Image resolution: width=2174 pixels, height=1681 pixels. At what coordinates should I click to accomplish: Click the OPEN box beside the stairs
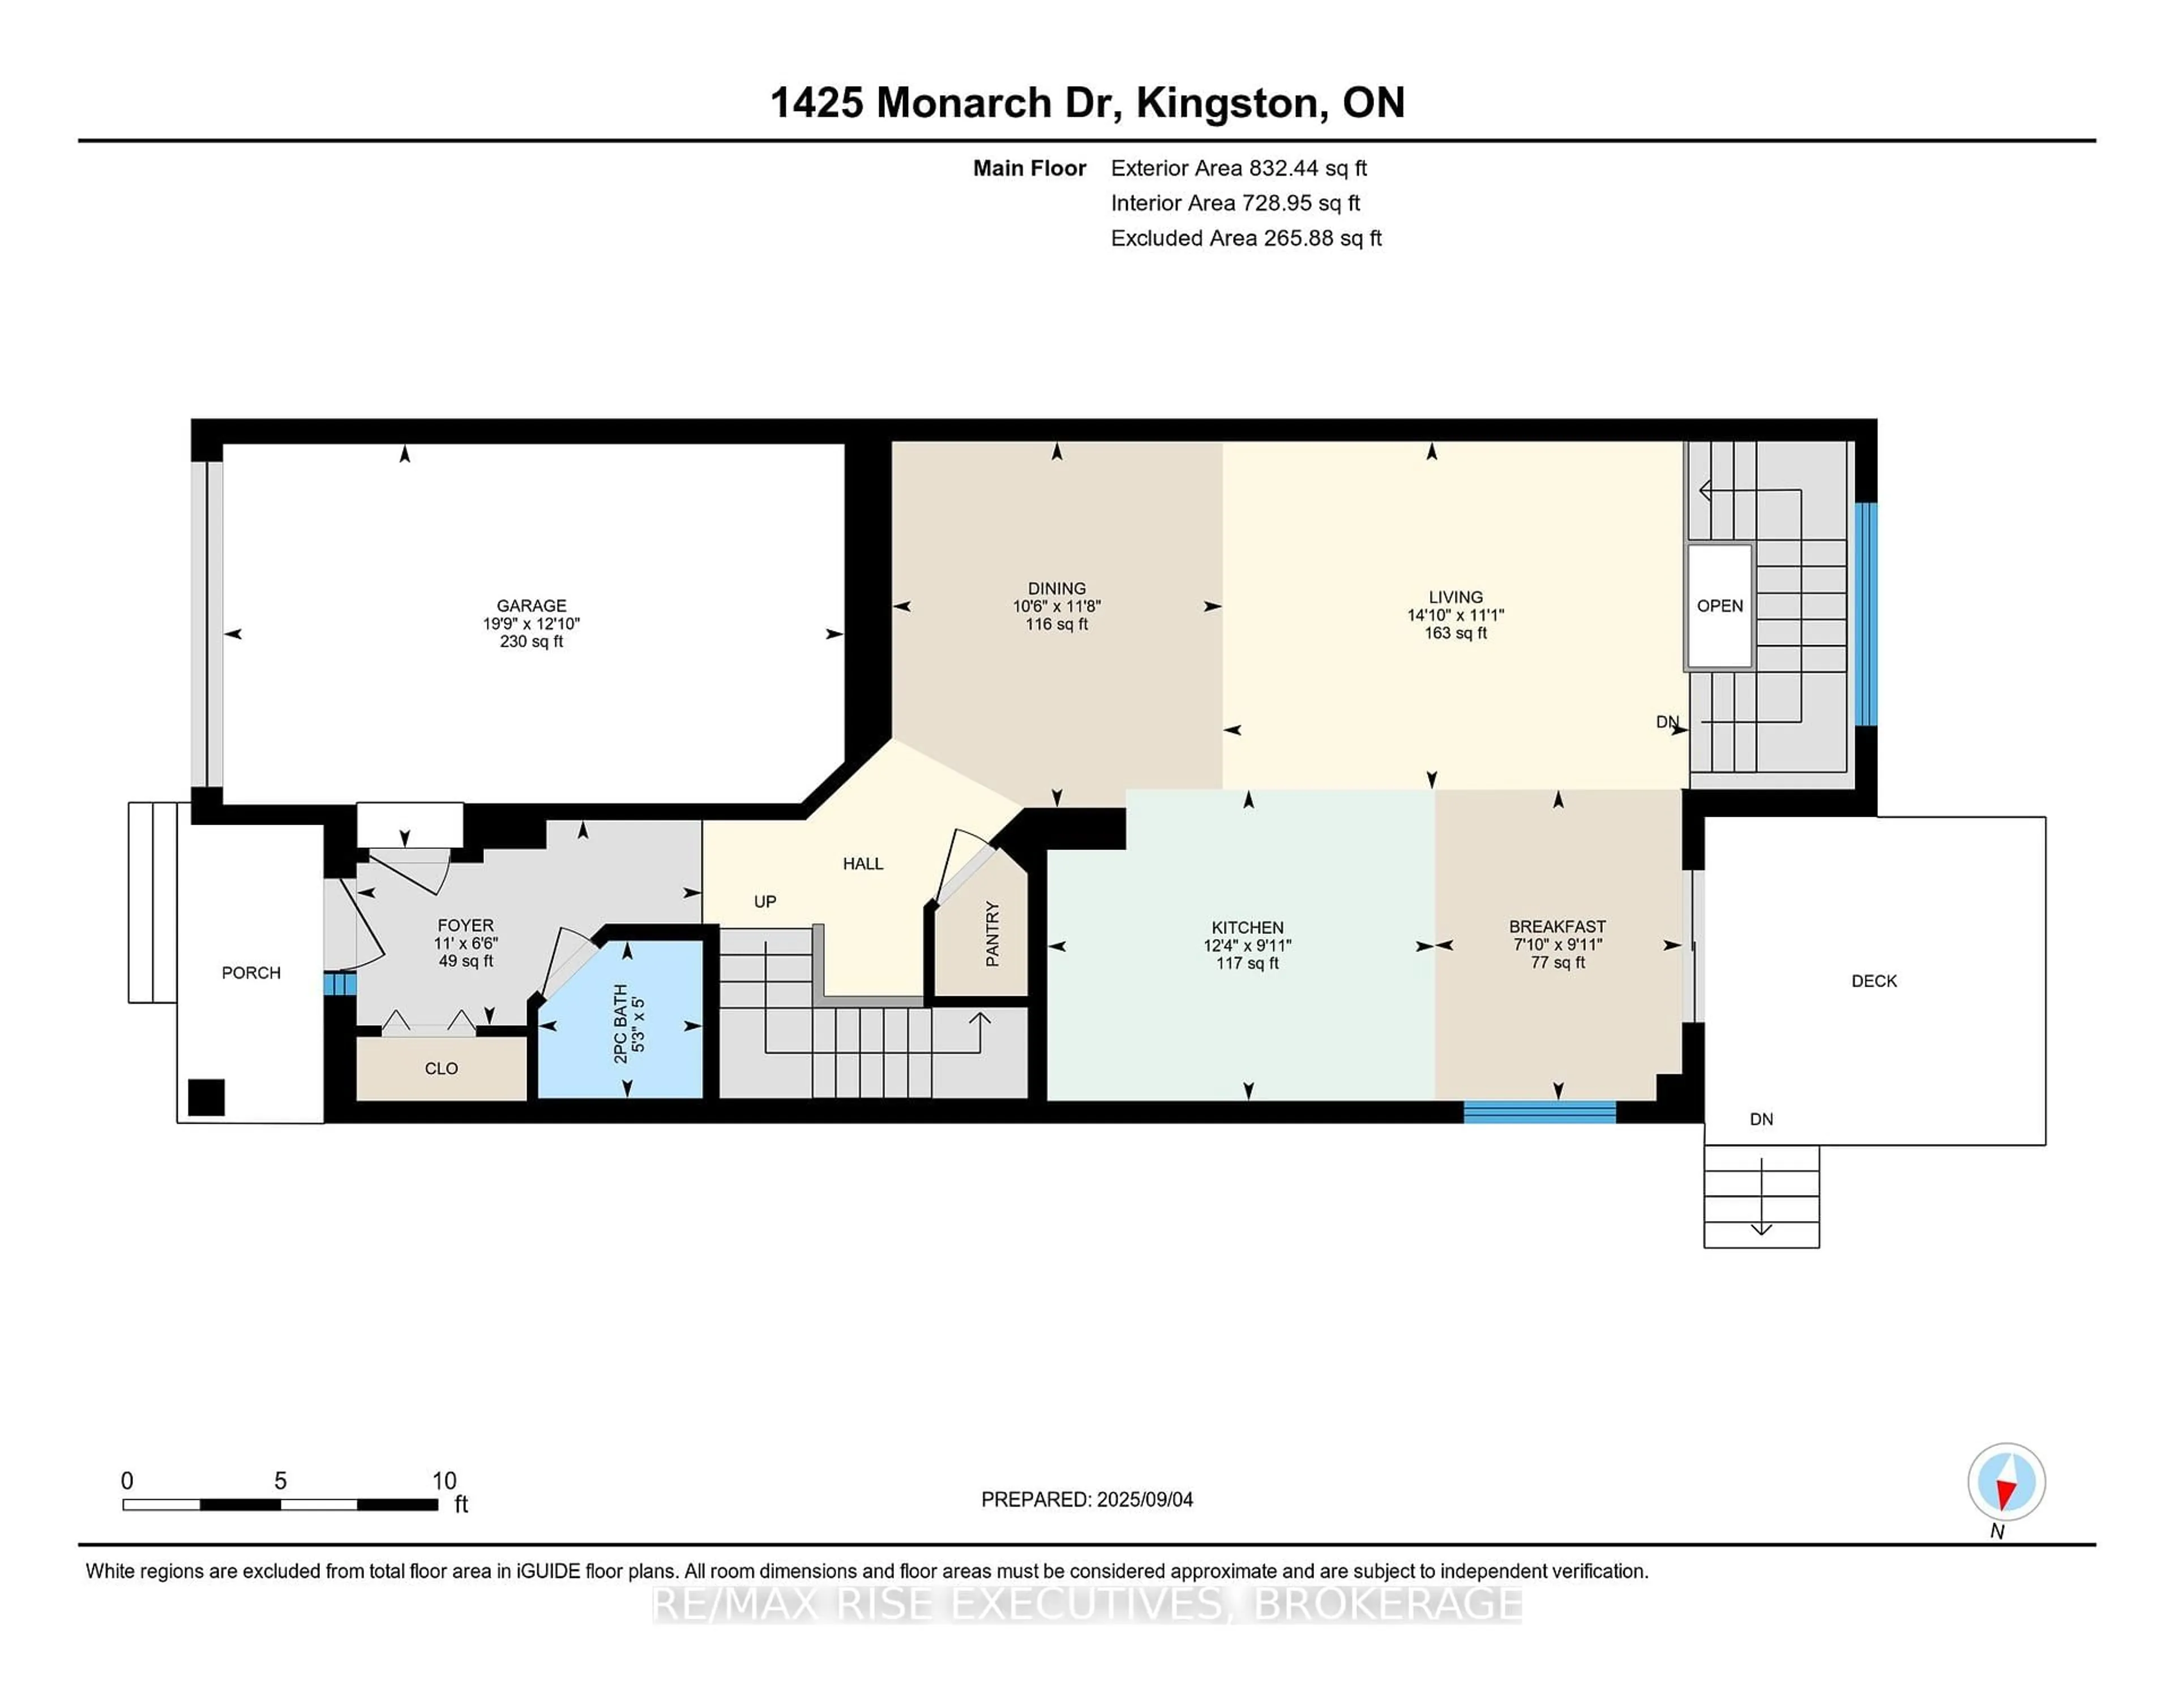pyautogui.click(x=1719, y=605)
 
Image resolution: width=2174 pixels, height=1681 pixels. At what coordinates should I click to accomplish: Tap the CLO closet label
pyautogui.click(x=441, y=1069)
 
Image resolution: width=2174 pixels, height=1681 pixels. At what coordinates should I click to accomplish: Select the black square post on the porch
pyautogui.click(x=206, y=1098)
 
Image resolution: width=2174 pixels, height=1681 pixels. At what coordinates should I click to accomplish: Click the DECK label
pyautogui.click(x=1873, y=981)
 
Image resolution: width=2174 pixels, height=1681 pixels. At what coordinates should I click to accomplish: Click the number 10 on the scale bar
pyautogui.click(x=444, y=1481)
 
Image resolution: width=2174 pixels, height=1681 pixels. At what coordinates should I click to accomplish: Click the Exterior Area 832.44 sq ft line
pyautogui.click(x=1238, y=168)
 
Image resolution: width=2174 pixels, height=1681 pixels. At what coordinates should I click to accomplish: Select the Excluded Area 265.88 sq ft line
pyautogui.click(x=1246, y=238)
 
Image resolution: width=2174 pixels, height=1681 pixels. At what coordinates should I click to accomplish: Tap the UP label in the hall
pyautogui.click(x=764, y=901)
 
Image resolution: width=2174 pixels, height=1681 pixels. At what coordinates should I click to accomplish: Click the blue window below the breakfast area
pyautogui.click(x=1539, y=1112)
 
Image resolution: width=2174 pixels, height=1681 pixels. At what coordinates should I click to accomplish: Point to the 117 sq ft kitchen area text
pyautogui.click(x=1247, y=963)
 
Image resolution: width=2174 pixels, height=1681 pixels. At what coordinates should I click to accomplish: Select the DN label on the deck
pyautogui.click(x=1761, y=1119)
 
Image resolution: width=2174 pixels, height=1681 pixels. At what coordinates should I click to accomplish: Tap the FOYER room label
pyautogui.click(x=465, y=925)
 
